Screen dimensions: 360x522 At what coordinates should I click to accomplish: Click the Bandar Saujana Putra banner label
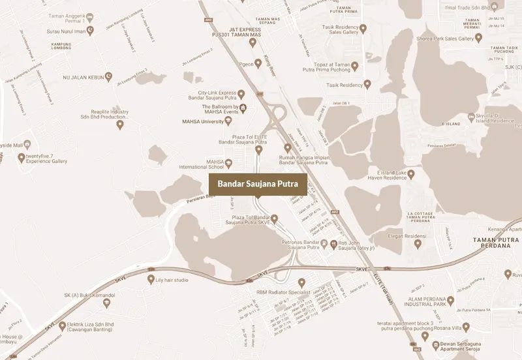tap(257, 185)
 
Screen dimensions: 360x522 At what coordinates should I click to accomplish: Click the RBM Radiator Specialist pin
tap(301, 282)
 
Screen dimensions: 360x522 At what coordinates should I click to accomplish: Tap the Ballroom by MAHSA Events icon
tap(243, 107)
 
